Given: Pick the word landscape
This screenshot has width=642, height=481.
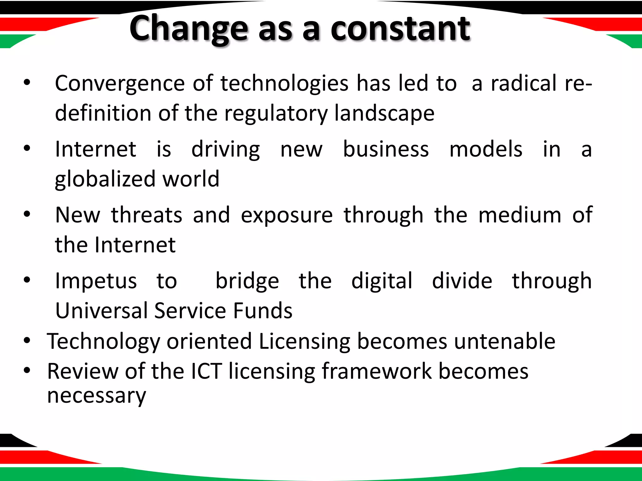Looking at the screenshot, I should [x=384, y=113].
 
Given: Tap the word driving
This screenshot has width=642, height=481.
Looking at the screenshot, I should [x=226, y=149].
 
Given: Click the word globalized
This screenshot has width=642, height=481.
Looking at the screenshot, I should [x=105, y=179].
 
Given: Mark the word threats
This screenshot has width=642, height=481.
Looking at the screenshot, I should [x=147, y=215].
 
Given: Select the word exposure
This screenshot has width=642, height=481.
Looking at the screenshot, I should [x=287, y=216].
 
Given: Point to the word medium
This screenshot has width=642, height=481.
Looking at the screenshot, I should [x=520, y=215].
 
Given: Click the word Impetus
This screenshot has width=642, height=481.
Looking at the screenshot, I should [x=96, y=281].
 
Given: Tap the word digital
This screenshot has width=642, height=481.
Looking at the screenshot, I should [x=382, y=281].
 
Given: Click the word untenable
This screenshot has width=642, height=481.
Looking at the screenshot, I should [x=505, y=341].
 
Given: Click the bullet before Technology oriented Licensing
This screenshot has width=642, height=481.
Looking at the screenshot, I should [x=27, y=340].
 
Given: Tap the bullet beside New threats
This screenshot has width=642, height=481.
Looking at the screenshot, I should [x=27, y=215].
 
